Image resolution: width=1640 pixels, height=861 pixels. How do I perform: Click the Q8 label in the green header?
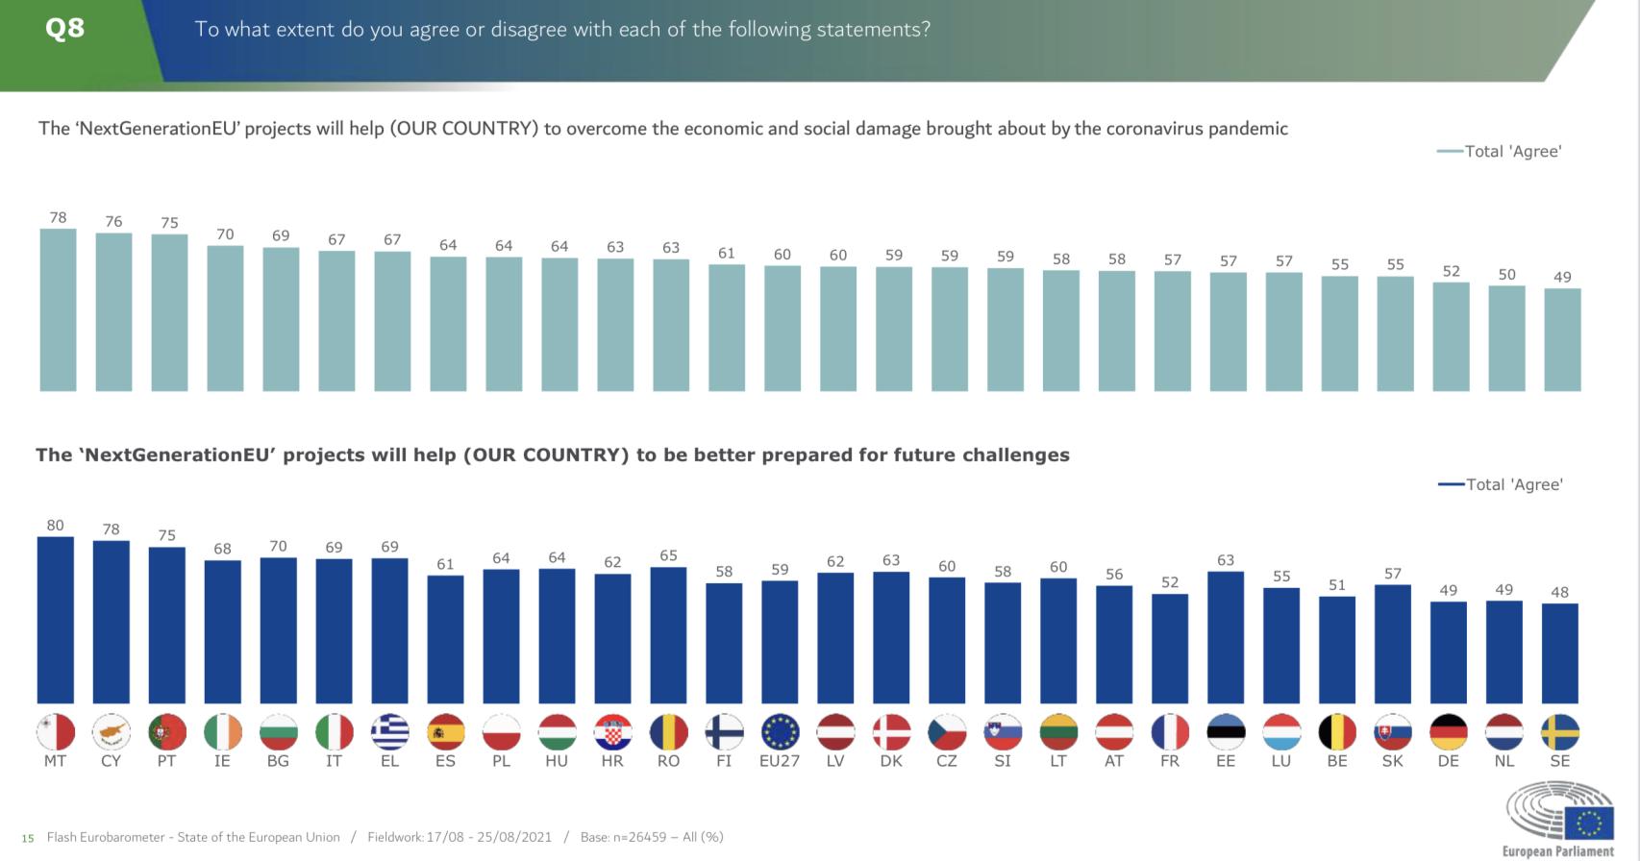[64, 28]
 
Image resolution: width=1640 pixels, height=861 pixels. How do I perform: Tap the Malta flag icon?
[56, 732]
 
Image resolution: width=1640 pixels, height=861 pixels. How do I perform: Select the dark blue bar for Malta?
[56, 620]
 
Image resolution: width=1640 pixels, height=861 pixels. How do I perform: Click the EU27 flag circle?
[780, 732]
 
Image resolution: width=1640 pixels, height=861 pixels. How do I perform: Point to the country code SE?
[1559, 761]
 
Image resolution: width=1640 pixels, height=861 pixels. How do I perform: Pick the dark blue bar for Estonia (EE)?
[1226, 637]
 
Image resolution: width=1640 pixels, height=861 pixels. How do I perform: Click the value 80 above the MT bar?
[56, 526]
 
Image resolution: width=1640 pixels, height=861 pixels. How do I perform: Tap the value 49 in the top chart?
[1562, 277]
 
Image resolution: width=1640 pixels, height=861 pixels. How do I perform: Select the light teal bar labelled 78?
[58, 309]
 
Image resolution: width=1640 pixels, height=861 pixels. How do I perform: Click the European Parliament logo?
[1559, 818]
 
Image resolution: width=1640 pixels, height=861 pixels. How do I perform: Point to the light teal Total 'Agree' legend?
[1500, 151]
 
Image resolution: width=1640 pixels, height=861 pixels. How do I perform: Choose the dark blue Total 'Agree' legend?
[1501, 484]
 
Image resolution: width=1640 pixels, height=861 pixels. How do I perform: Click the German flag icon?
[1449, 732]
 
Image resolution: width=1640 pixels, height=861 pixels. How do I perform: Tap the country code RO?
[668, 761]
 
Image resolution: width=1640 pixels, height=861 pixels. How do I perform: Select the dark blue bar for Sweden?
[1559, 653]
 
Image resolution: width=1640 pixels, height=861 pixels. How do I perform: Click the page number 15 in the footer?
[28, 838]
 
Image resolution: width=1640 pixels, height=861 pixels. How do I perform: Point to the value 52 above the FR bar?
[1170, 582]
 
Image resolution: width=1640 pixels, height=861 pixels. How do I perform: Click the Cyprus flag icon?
[112, 732]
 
